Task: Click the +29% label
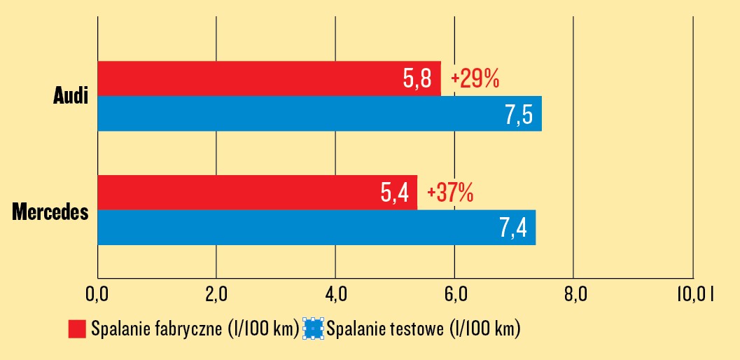tap(475, 79)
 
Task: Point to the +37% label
tap(449, 193)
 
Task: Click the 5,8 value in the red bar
tap(417, 79)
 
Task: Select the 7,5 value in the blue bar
tap(519, 114)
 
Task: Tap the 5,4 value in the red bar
tap(394, 193)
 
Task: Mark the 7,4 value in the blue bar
tap(513, 228)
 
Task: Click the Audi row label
tap(71, 97)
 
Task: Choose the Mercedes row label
tap(50, 211)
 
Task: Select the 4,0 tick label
tap(335, 295)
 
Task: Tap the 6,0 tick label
tap(454, 295)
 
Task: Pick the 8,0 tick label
tap(573, 295)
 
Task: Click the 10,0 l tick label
tap(694, 295)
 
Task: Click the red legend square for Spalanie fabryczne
tap(77, 328)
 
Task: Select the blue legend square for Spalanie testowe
tap(312, 328)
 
